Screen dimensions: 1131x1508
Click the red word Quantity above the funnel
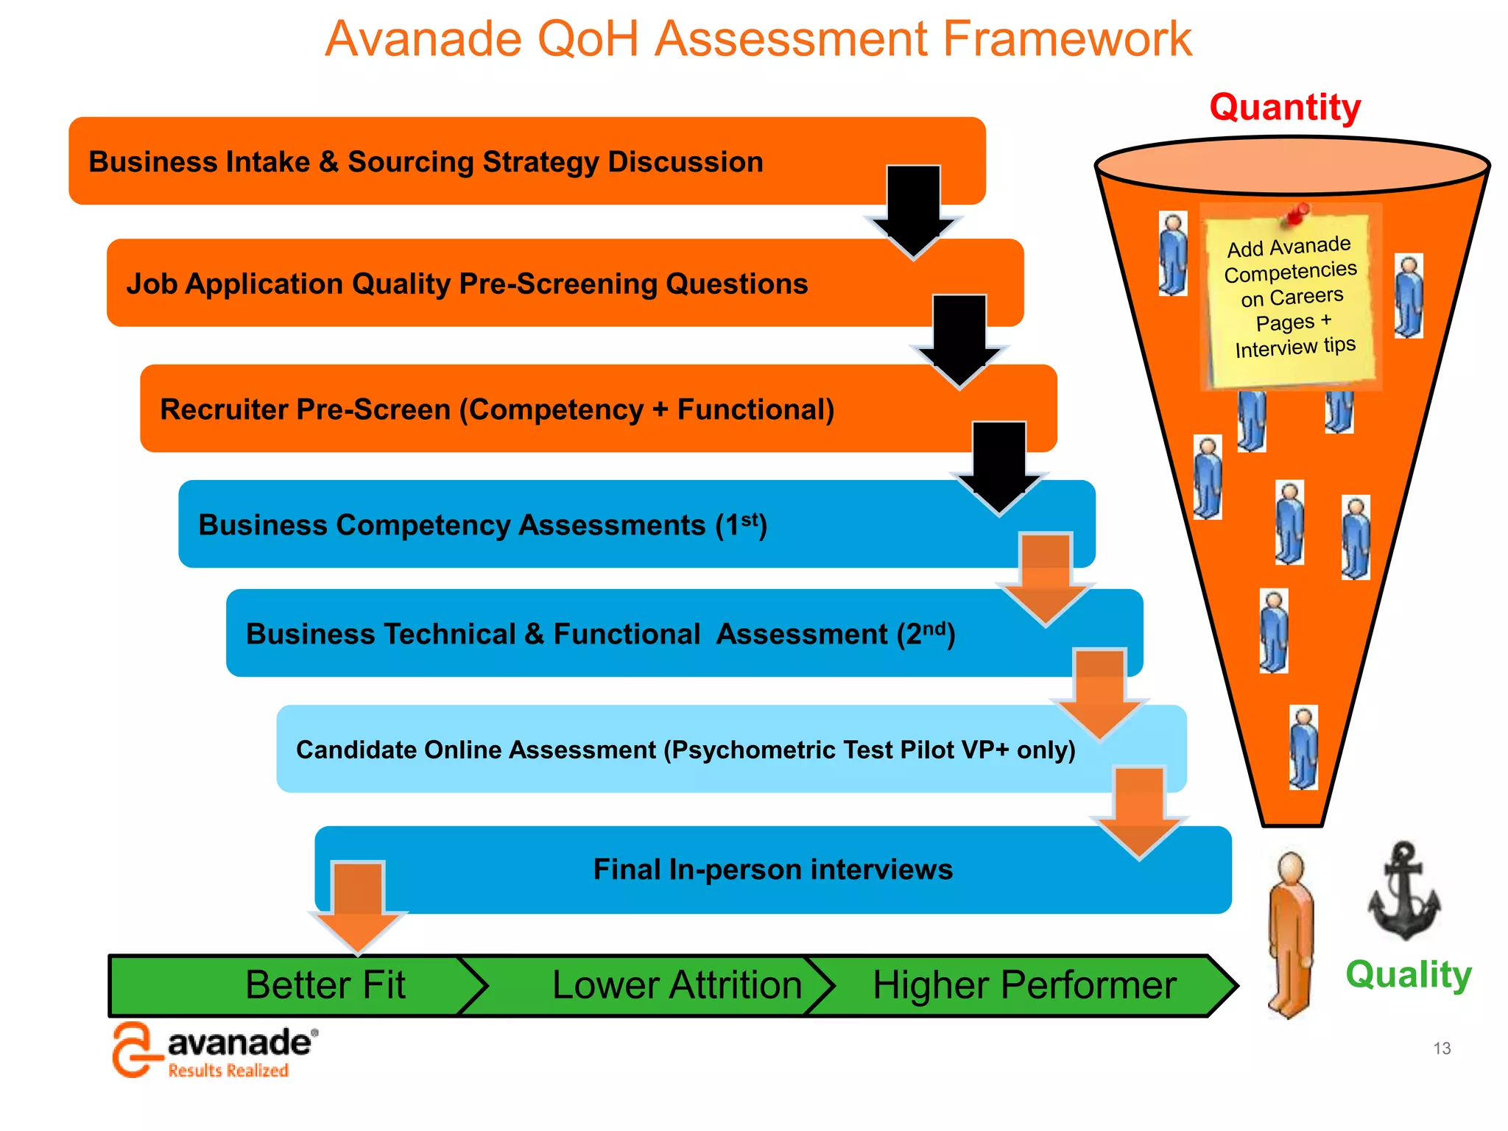pyautogui.click(x=1285, y=108)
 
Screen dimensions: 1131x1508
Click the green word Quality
pyautogui.click(x=1408, y=974)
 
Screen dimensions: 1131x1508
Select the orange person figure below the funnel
pyautogui.click(x=1291, y=934)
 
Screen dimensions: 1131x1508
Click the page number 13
pyautogui.click(x=1441, y=1048)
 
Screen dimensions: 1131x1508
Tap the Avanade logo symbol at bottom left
pyautogui.click(x=133, y=1050)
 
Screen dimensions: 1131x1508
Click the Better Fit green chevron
pyautogui.click(x=325, y=985)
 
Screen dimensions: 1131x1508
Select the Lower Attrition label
pyautogui.click(x=676, y=985)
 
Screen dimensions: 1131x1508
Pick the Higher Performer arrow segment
pyautogui.click(x=1023, y=985)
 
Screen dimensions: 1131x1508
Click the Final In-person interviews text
pyautogui.click(x=772, y=870)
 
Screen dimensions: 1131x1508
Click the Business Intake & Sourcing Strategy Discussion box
pyautogui.click(x=426, y=162)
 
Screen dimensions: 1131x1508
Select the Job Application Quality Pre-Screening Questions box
pyautogui.click(x=467, y=283)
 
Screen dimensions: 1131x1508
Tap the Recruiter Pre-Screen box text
pyautogui.click(x=497, y=409)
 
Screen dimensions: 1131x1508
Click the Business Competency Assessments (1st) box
pyautogui.click(x=482, y=525)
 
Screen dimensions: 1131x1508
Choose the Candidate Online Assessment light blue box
pyautogui.click(x=685, y=750)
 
